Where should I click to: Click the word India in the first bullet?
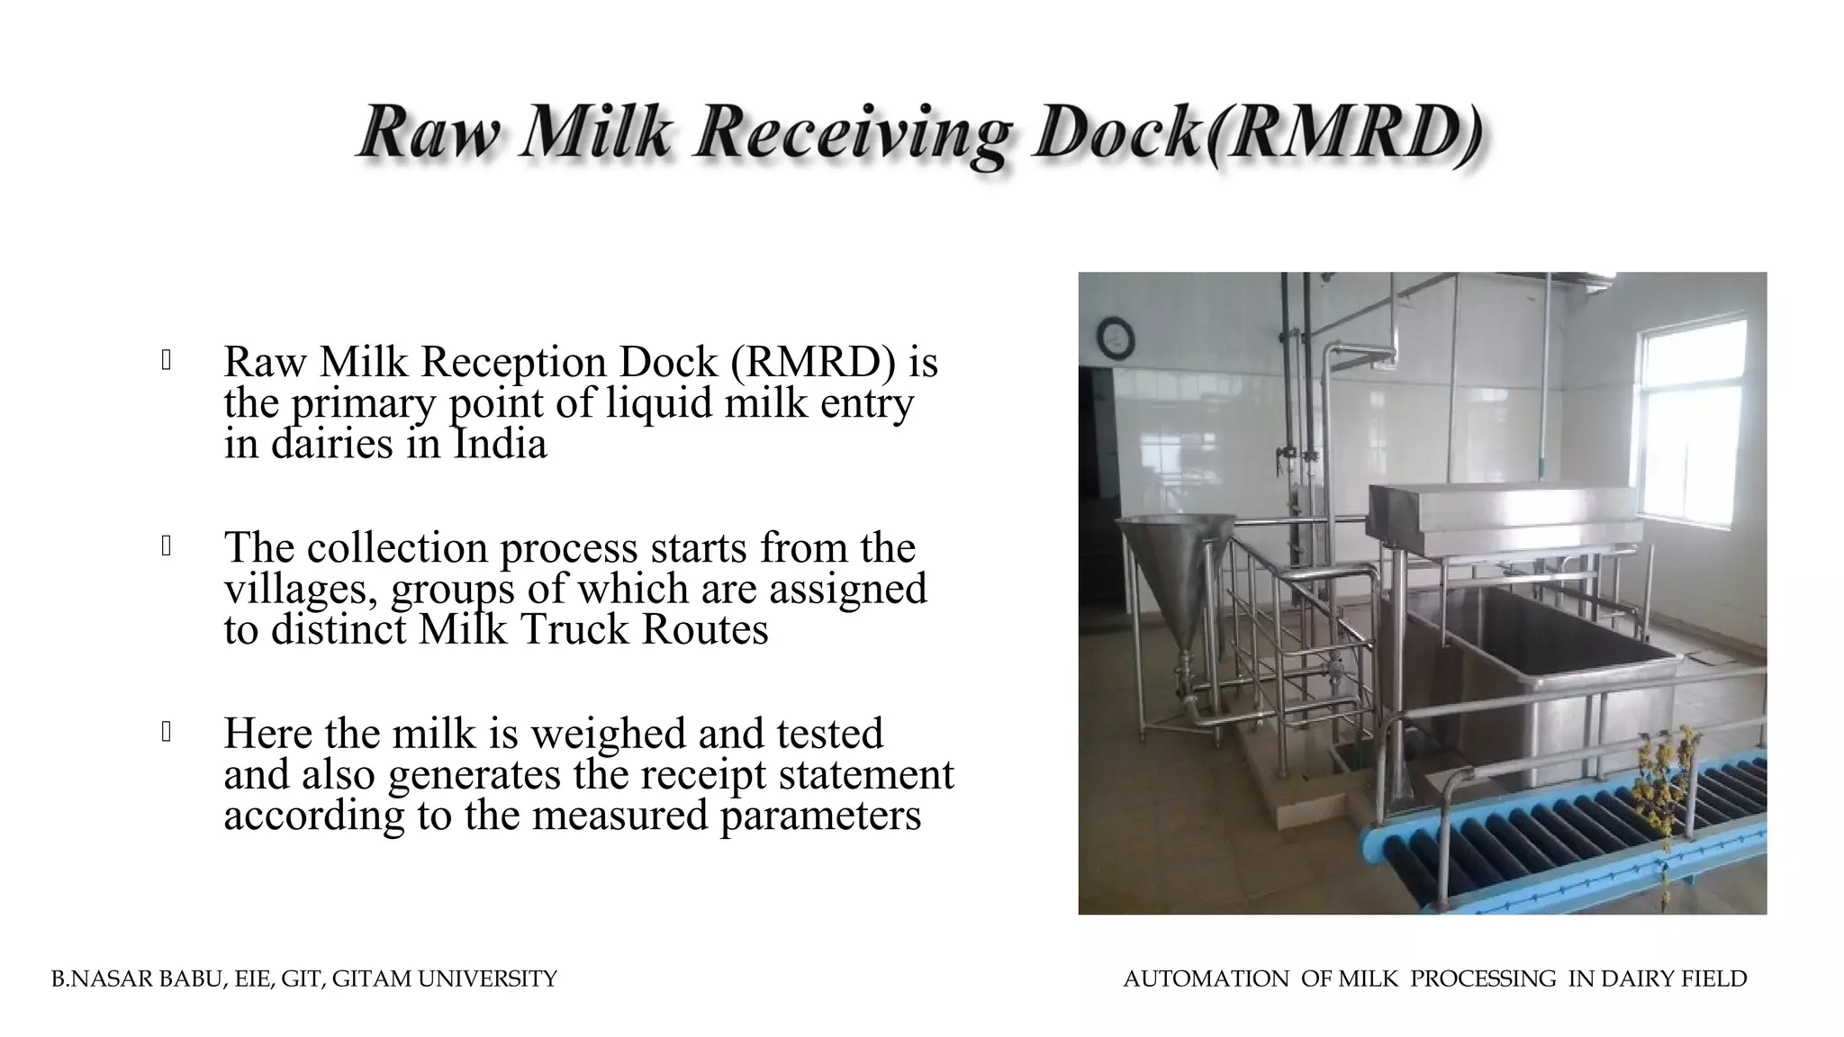[x=500, y=443]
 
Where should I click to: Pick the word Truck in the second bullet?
[x=574, y=628]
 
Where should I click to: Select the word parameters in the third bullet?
[x=820, y=815]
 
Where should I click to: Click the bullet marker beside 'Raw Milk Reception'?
[x=167, y=361]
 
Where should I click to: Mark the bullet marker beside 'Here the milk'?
[x=167, y=733]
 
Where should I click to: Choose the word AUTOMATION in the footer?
[x=1206, y=978]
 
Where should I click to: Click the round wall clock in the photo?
[x=1116, y=337]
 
